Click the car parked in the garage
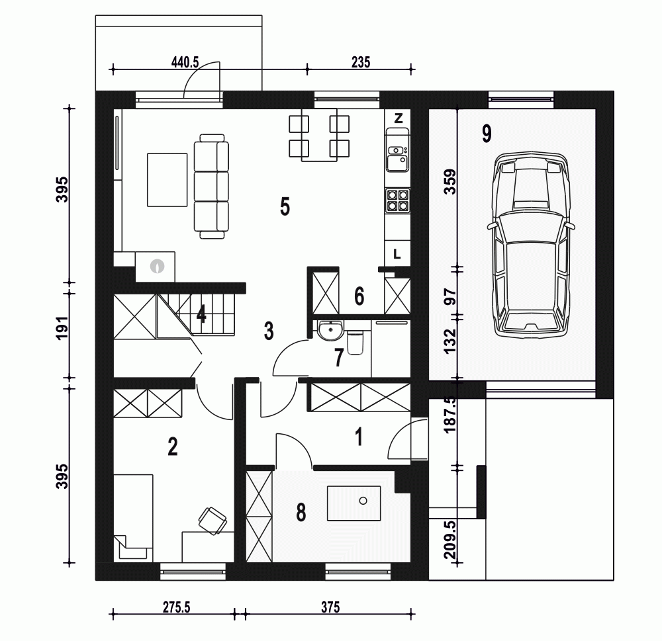pos(531,244)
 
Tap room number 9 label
pos(487,134)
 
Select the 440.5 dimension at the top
pos(185,62)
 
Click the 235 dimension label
pos(361,62)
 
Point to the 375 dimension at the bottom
pos(330,607)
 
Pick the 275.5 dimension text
pos(177,607)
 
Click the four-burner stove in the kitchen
pos(398,200)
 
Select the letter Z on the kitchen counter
pos(398,118)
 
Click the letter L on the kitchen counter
pos(397,254)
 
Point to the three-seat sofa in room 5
pos(211,186)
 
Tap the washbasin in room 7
pos(330,330)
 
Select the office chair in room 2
pos(213,521)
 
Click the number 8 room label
pos(301,513)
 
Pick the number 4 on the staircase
pos(201,314)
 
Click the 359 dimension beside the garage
pos(450,181)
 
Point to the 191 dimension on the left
pos(62,328)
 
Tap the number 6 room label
pos(359,296)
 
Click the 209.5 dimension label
pos(450,540)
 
